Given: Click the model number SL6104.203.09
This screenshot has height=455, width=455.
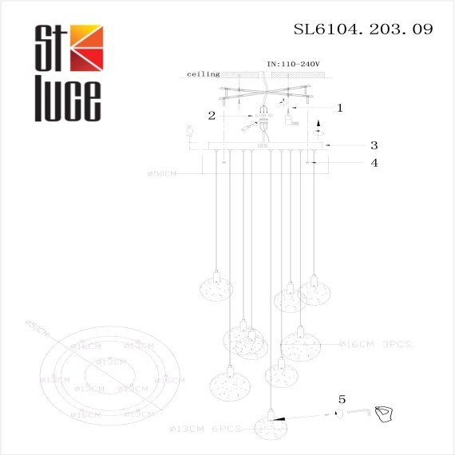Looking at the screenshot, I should pyautogui.click(x=363, y=30).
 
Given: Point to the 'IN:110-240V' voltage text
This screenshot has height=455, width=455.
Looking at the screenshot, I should pyautogui.click(x=292, y=62).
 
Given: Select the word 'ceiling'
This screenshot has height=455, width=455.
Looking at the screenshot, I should pyautogui.click(x=203, y=74).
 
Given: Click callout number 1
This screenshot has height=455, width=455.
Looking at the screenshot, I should pyautogui.click(x=339, y=107).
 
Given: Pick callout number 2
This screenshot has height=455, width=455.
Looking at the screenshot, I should pyautogui.click(x=212, y=115).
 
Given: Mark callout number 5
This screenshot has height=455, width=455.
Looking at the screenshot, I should pyautogui.click(x=342, y=398).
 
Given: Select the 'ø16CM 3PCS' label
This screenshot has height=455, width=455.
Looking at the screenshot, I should pyautogui.click(x=374, y=344).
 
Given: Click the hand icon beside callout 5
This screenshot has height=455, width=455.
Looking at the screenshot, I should pyautogui.click(x=386, y=412).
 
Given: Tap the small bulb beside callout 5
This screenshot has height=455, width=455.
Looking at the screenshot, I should pyautogui.click(x=338, y=413).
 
